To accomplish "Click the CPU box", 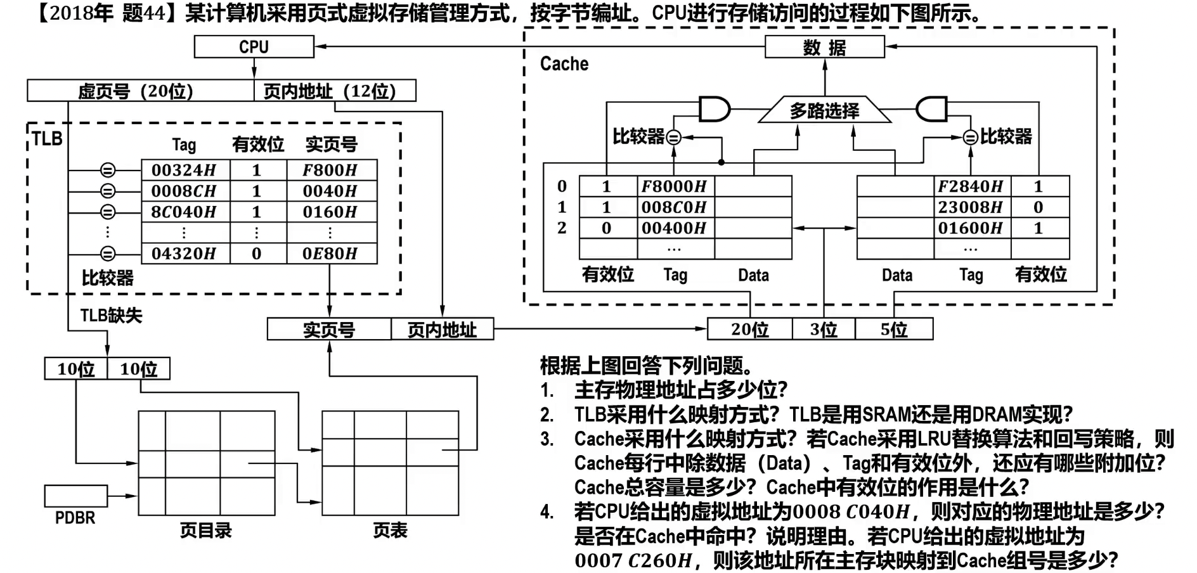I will click(254, 47).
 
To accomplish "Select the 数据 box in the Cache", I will click(824, 48).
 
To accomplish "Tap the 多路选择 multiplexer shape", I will click(824, 111).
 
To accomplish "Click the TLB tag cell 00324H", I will click(184, 170).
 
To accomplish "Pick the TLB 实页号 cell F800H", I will click(330, 170).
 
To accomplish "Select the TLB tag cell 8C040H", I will click(184, 212).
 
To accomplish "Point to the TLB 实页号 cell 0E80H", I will click(330, 254).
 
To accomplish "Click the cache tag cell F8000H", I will click(675, 186).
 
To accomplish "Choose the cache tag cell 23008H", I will click(971, 207).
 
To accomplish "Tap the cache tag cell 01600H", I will click(971, 228).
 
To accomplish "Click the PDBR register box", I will click(75, 496).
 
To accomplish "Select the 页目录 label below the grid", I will click(206, 531).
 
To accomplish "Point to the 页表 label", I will click(390, 531).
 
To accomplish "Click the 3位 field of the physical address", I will click(824, 330).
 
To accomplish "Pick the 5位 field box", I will click(894, 330).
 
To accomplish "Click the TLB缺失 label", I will click(112, 315).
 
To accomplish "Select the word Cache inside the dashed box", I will click(564, 64).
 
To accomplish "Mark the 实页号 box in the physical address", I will click(329, 330).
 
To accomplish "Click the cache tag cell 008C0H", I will click(675, 207).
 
